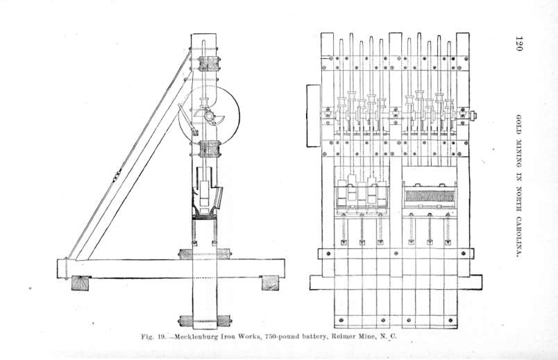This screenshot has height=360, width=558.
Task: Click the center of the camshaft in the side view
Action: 208,116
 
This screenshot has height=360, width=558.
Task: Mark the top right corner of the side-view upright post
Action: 216,34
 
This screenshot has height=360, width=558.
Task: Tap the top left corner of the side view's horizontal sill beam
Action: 58,259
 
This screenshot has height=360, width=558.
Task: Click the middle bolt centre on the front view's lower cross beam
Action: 396,254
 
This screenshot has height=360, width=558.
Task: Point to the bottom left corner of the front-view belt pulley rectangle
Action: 307,146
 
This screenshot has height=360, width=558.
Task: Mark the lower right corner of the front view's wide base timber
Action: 482,289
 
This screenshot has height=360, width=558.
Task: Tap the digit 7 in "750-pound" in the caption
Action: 267,336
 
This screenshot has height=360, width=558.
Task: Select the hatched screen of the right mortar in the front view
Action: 430,196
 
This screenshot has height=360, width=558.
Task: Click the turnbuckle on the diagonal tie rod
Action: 117,175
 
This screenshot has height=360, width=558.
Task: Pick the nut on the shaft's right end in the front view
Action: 473,116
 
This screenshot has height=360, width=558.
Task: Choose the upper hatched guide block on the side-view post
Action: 210,64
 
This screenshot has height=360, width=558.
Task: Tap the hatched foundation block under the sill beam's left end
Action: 80,283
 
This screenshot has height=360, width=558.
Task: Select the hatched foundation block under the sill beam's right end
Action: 271,283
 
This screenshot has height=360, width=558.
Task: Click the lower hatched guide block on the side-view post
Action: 210,148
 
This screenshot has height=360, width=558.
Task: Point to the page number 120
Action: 519,44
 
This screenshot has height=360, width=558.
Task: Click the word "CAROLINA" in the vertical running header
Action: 519,236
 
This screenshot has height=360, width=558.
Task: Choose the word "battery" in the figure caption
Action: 314,336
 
